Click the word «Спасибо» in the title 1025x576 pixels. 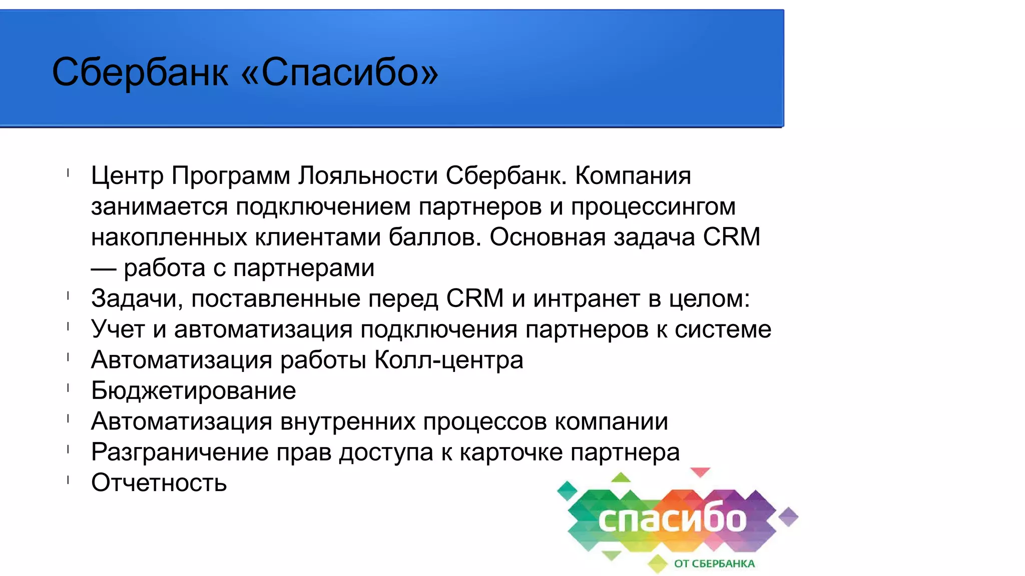pos(340,72)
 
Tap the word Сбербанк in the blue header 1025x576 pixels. pos(140,72)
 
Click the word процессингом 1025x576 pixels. pos(653,206)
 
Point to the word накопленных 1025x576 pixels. pos(169,237)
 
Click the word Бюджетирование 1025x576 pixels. pos(193,390)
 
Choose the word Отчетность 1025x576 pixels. pos(159,483)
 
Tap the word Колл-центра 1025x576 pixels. pos(449,360)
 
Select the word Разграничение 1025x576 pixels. pos(180,452)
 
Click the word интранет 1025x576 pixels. pos(586,298)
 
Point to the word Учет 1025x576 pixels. pos(118,329)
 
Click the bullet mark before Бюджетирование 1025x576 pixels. pos(68,388)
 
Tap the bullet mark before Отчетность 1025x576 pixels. pos(68,480)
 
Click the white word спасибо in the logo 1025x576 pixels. pos(672,520)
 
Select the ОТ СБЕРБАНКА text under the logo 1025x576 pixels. pos(714,563)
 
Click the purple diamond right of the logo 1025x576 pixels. pos(788,516)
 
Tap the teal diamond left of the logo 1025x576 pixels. pos(567,490)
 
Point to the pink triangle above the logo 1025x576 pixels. pos(700,472)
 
